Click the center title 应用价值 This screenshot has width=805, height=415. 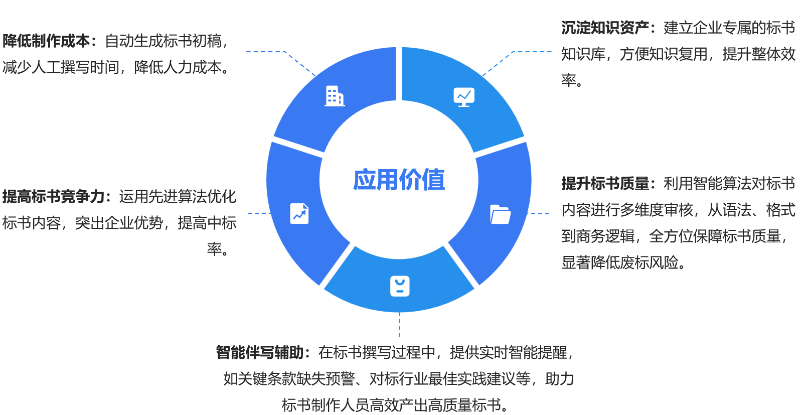[399, 180]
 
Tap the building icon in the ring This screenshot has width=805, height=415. [335, 96]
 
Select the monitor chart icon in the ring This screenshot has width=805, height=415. [464, 96]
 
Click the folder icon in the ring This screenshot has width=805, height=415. [500, 214]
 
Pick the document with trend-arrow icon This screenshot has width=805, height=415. [299, 213]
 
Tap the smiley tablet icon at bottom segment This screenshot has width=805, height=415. [400, 286]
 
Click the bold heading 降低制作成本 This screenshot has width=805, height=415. [46, 41]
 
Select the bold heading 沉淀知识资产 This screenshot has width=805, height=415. [605, 28]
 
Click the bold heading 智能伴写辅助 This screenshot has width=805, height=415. [260, 353]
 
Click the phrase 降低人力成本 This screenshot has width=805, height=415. [178, 67]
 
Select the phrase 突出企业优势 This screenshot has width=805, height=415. [119, 223]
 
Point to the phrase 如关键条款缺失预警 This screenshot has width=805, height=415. [289, 379]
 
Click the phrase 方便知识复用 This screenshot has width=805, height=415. [663, 54]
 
